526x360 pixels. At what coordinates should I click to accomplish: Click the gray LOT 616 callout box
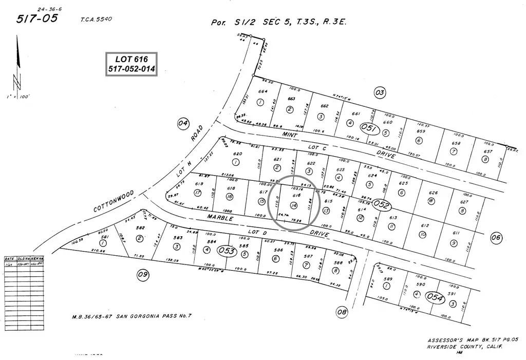[x=131, y=64]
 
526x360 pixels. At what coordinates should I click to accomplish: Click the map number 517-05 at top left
[x=37, y=20]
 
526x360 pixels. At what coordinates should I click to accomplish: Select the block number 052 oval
[x=382, y=205]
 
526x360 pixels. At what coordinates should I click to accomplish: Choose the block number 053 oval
[x=227, y=251]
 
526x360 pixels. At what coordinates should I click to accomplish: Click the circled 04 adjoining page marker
[x=183, y=123]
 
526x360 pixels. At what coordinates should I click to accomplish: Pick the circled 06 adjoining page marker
[x=496, y=237]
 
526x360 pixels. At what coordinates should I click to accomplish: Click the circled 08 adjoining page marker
[x=342, y=311]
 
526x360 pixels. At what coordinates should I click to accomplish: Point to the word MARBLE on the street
[x=220, y=218]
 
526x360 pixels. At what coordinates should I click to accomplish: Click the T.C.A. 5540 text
[x=96, y=20]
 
